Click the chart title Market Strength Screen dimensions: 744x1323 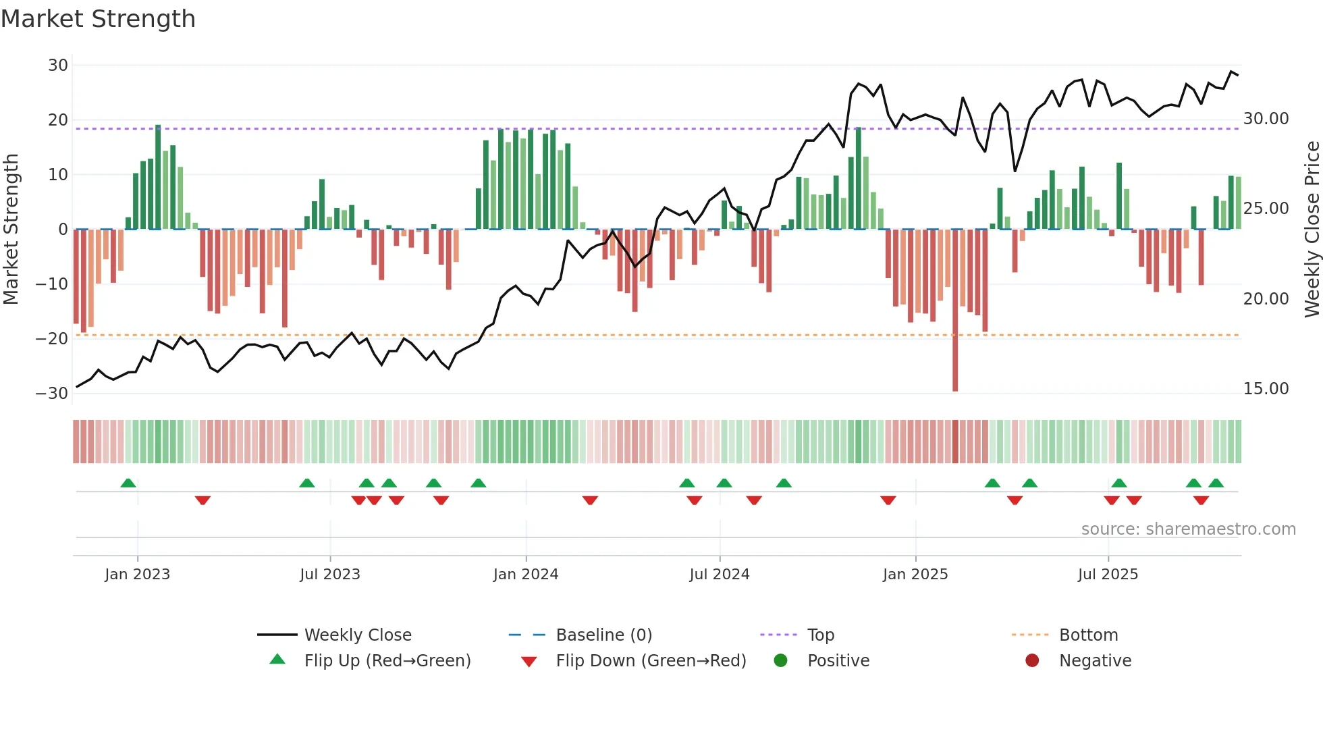(x=98, y=19)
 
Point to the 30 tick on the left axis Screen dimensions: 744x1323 (x=58, y=65)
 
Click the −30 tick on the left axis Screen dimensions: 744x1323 (x=52, y=393)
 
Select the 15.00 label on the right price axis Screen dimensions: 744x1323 (x=1266, y=389)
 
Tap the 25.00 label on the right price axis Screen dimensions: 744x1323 (x=1266, y=209)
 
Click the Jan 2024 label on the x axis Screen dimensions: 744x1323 (x=526, y=575)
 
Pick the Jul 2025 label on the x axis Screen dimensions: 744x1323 (x=1108, y=575)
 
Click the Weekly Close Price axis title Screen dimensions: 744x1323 (x=1312, y=229)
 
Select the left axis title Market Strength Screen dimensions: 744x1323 (x=11, y=229)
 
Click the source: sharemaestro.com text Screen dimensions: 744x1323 (x=1188, y=529)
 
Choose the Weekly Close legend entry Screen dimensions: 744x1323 (x=357, y=635)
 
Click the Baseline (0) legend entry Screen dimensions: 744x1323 (x=603, y=635)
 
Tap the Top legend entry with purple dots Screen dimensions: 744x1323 (x=820, y=635)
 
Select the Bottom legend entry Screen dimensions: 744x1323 (x=1088, y=635)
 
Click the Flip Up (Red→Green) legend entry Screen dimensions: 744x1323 (x=387, y=661)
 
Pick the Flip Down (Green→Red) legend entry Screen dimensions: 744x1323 (x=651, y=661)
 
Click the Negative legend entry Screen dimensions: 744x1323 (x=1094, y=661)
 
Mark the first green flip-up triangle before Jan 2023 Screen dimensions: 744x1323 (x=128, y=483)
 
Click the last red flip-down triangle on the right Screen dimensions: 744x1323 (x=1201, y=500)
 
